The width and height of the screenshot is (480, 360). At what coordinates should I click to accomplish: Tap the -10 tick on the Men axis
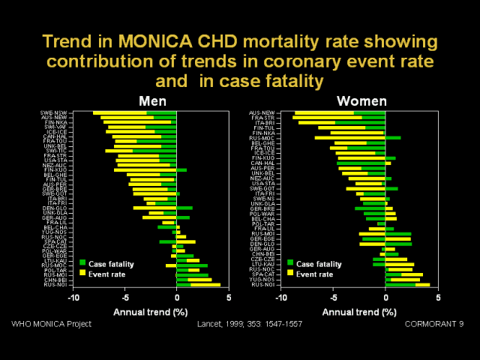tap(73, 298)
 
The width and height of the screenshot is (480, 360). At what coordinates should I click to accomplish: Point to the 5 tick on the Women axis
tap(437, 298)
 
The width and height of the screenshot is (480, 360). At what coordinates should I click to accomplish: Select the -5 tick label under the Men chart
tap(124, 298)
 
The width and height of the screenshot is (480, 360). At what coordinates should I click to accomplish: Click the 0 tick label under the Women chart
tap(385, 298)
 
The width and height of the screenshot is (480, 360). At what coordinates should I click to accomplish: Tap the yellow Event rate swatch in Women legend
tap(290, 274)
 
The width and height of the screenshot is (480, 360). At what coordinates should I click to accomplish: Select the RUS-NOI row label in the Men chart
tap(53, 285)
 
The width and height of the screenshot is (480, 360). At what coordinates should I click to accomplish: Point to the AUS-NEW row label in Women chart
tap(261, 113)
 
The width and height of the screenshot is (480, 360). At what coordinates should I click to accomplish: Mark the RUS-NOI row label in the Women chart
tap(262, 285)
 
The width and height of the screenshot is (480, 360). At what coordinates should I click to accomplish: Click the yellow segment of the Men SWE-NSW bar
tap(120, 113)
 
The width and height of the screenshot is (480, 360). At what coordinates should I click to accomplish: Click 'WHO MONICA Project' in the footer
tap(52, 324)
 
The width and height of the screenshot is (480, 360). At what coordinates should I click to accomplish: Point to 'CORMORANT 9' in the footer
tap(435, 324)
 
